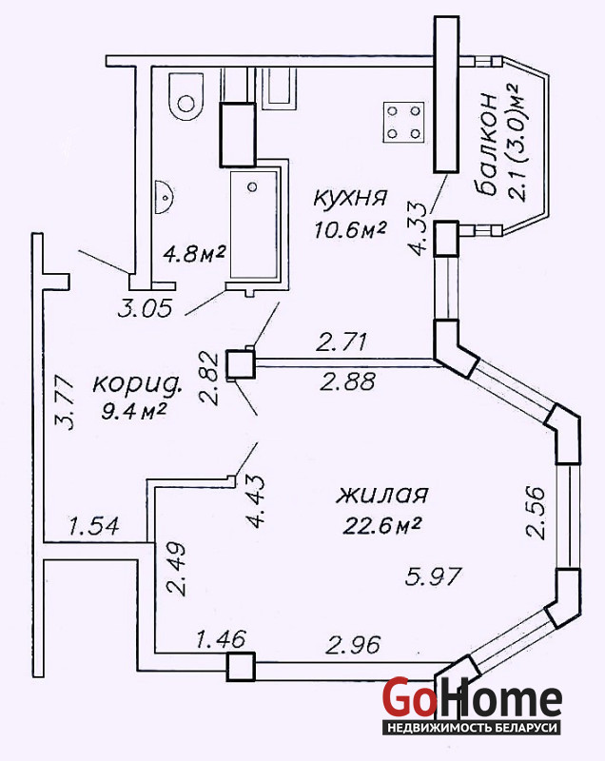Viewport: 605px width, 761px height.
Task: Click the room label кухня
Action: pyautogui.click(x=350, y=198)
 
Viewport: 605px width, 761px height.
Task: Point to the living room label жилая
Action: pyautogui.click(x=382, y=495)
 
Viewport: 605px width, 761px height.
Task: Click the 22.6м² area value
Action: pyautogui.click(x=380, y=525)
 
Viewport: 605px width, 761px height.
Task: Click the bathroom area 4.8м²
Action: pyautogui.click(x=193, y=254)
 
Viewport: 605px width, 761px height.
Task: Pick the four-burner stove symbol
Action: pyautogui.click(x=403, y=122)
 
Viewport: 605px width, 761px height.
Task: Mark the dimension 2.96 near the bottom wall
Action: pyautogui.click(x=353, y=647)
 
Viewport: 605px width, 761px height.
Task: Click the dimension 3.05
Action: pyautogui.click(x=145, y=308)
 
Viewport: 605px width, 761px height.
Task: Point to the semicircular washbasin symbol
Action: pyautogui.click(x=164, y=196)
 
